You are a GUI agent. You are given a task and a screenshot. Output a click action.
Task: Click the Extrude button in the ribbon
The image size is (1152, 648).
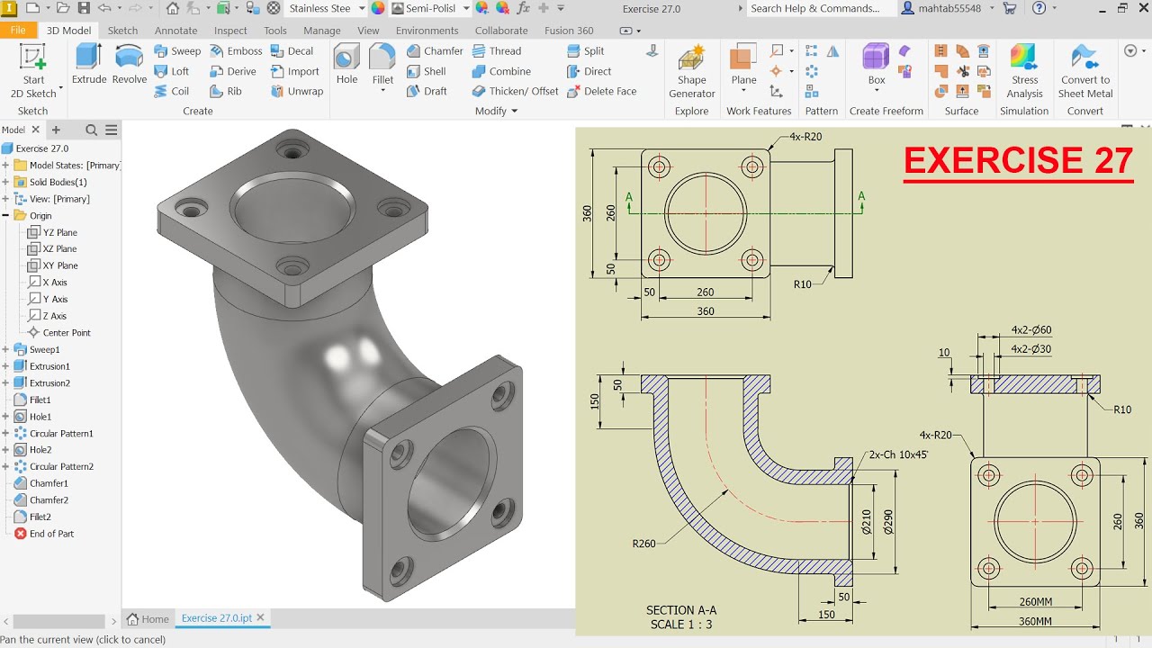(89, 64)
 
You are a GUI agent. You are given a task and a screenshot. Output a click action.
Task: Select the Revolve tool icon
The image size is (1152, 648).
(130, 64)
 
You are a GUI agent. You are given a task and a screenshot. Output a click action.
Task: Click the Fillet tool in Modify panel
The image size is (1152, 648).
(382, 64)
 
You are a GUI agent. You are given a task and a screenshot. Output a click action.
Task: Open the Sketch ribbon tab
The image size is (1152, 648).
(123, 31)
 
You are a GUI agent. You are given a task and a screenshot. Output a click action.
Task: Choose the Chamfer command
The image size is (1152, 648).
(434, 51)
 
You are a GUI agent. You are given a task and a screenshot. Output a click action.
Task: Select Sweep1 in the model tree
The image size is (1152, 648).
(44, 349)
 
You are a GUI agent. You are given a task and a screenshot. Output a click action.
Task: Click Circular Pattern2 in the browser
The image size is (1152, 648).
(61, 466)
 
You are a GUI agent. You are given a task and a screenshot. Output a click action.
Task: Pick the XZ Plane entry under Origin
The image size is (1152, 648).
(59, 249)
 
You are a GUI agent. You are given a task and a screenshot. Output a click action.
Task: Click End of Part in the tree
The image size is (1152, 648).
(51, 534)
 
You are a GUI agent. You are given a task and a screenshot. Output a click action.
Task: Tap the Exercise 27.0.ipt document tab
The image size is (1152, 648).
(216, 618)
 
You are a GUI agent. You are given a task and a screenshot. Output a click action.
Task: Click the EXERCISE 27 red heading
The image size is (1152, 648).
(1018, 161)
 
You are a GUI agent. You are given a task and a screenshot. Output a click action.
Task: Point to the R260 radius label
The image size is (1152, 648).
(644, 544)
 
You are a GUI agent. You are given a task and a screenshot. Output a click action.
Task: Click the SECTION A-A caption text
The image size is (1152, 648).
(681, 610)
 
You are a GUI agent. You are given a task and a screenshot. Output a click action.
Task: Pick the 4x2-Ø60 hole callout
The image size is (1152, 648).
(1030, 330)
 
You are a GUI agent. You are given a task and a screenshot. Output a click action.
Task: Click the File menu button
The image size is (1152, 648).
(18, 31)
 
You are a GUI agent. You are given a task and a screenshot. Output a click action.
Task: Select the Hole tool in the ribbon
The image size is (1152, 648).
(346, 64)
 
